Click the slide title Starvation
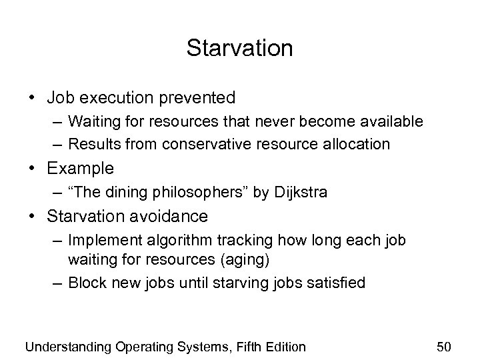(239, 48)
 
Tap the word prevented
(197, 98)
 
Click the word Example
(80, 168)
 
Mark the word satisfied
(339, 282)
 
